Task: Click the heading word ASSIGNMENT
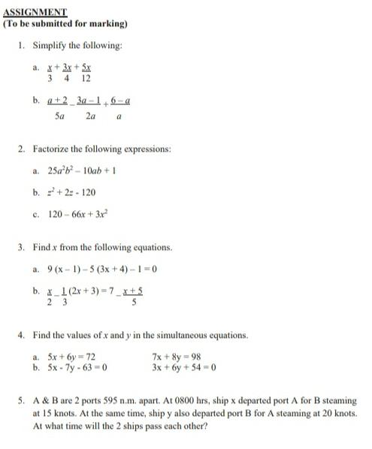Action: click(x=35, y=12)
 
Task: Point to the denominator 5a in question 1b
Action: click(x=59, y=116)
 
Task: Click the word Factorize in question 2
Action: click(x=63, y=149)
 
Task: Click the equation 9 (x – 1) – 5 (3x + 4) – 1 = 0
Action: click(x=101, y=268)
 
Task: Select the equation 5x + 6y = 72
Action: click(x=71, y=357)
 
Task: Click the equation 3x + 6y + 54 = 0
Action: click(x=183, y=368)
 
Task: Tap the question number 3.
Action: click(x=23, y=247)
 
